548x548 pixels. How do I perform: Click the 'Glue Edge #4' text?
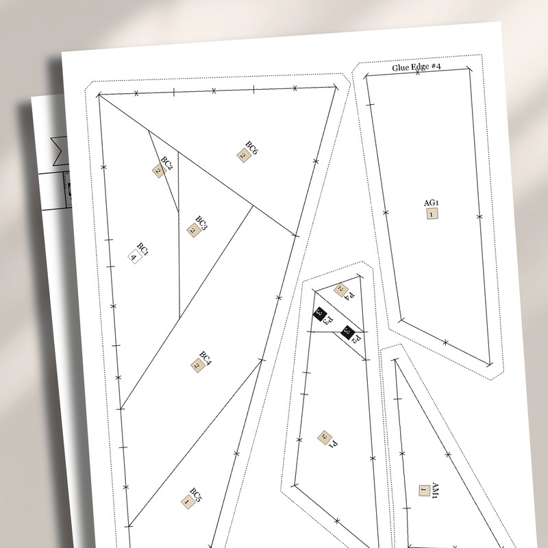click(416, 67)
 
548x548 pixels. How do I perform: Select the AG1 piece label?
click(431, 203)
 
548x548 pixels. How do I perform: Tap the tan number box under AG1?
click(432, 214)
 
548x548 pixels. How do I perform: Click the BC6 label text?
click(251, 148)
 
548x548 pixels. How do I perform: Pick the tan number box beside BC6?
click(242, 156)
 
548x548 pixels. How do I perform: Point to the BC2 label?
click(166, 162)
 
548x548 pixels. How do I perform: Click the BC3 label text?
click(201, 223)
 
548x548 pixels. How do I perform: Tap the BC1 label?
click(142, 249)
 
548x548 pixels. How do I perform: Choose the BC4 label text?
click(206, 358)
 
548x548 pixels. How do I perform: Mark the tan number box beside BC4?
click(197, 366)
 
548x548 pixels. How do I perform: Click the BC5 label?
click(196, 494)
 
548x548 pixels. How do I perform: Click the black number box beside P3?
click(319, 313)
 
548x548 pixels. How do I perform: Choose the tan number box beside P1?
click(324, 437)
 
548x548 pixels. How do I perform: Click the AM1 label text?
click(434, 491)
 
